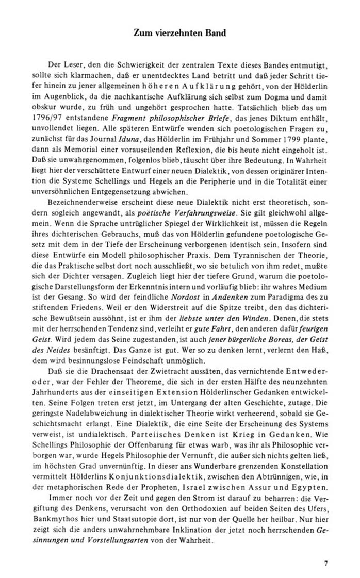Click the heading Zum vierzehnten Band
[180, 33]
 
